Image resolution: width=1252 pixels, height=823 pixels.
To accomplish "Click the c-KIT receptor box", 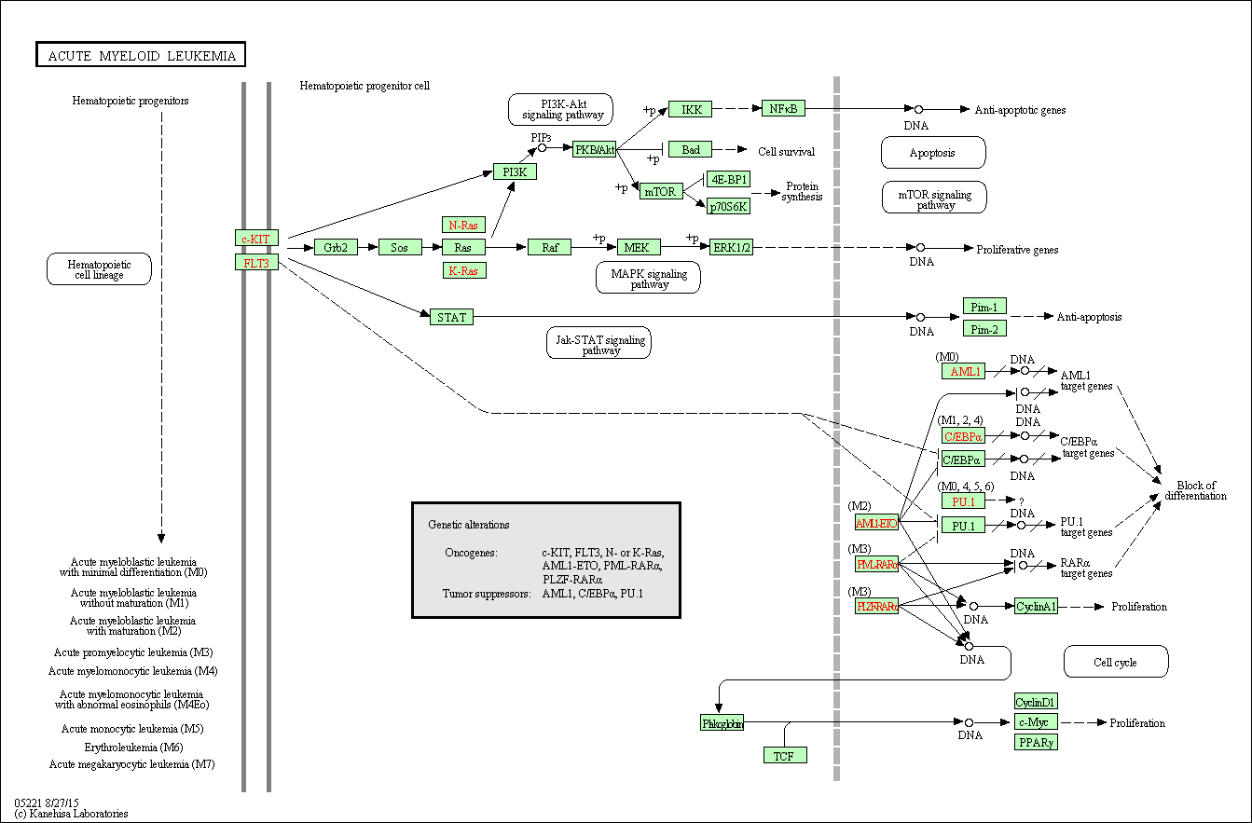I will pyautogui.click(x=256, y=239).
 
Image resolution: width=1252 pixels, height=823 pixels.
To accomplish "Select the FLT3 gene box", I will pyautogui.click(x=256, y=263).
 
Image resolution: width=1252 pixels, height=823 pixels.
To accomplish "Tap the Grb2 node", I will pyautogui.click(x=337, y=247).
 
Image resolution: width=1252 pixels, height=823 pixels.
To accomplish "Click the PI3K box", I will pyautogui.click(x=515, y=171).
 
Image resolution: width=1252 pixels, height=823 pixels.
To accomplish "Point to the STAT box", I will pyautogui.click(x=451, y=317).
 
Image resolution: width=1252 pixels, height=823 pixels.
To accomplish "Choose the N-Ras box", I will pyautogui.click(x=463, y=225).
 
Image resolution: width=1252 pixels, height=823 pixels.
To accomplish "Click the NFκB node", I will pyautogui.click(x=783, y=108).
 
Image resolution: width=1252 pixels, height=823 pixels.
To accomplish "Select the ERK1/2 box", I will pyautogui.click(x=731, y=247).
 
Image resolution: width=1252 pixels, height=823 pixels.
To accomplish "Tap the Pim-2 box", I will pyautogui.click(x=984, y=328).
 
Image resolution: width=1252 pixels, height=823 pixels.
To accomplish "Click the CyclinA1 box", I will pyautogui.click(x=1036, y=607).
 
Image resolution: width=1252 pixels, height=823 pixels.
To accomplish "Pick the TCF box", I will pyautogui.click(x=784, y=755).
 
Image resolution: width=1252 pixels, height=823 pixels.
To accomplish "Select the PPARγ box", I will pyautogui.click(x=1036, y=742).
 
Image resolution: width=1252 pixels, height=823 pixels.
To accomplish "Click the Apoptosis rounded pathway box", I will pyautogui.click(x=932, y=152).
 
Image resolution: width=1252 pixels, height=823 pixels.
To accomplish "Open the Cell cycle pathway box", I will pyautogui.click(x=1115, y=662).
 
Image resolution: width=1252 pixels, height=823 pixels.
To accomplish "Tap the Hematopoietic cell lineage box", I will pyautogui.click(x=99, y=269).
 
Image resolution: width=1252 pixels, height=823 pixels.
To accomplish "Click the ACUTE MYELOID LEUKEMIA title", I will pyautogui.click(x=141, y=56).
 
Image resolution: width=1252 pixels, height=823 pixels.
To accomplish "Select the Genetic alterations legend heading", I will pyautogui.click(x=469, y=525).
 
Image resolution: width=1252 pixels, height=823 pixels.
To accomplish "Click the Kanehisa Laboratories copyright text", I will pyautogui.click(x=71, y=814).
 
